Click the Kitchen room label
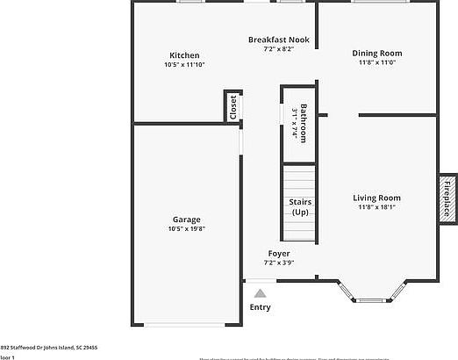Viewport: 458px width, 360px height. coord(184,55)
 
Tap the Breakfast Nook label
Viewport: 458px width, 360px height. coord(278,40)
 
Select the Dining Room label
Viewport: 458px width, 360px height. coord(377,53)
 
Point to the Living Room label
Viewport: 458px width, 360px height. coord(377,198)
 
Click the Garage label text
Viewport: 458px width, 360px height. coord(186,219)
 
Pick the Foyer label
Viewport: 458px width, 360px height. coord(279,253)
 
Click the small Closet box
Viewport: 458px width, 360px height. coord(233,106)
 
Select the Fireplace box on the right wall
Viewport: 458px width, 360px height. coord(446,197)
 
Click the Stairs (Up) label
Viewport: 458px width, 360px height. coord(300,207)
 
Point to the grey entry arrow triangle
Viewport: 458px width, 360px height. coord(260,293)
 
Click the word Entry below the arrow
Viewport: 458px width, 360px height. coord(260,307)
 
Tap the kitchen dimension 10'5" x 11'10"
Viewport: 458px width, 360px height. coord(184,65)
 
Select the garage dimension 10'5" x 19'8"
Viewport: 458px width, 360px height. coord(186,228)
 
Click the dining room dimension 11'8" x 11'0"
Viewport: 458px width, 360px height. coord(377,62)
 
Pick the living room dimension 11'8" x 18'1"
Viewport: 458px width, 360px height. coord(377,207)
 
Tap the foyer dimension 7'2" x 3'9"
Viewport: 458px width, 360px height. coord(279,262)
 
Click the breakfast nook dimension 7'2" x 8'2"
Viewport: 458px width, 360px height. coord(278,49)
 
